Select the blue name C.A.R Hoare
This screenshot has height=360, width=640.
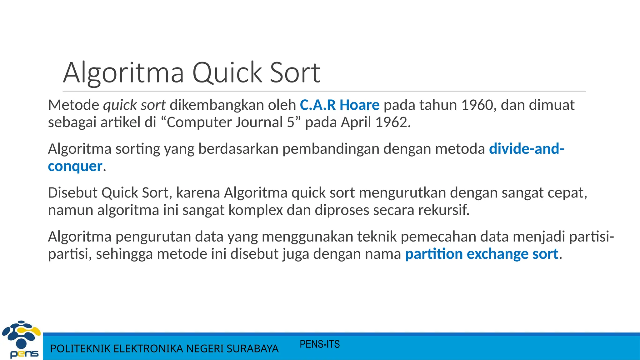339,105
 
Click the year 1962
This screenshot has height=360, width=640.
392,122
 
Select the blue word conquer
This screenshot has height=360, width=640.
75,166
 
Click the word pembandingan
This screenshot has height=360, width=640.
331,149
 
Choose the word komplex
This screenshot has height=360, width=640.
256,210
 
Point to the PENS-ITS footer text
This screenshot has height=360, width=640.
319,344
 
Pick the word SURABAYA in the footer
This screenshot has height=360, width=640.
252,349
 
